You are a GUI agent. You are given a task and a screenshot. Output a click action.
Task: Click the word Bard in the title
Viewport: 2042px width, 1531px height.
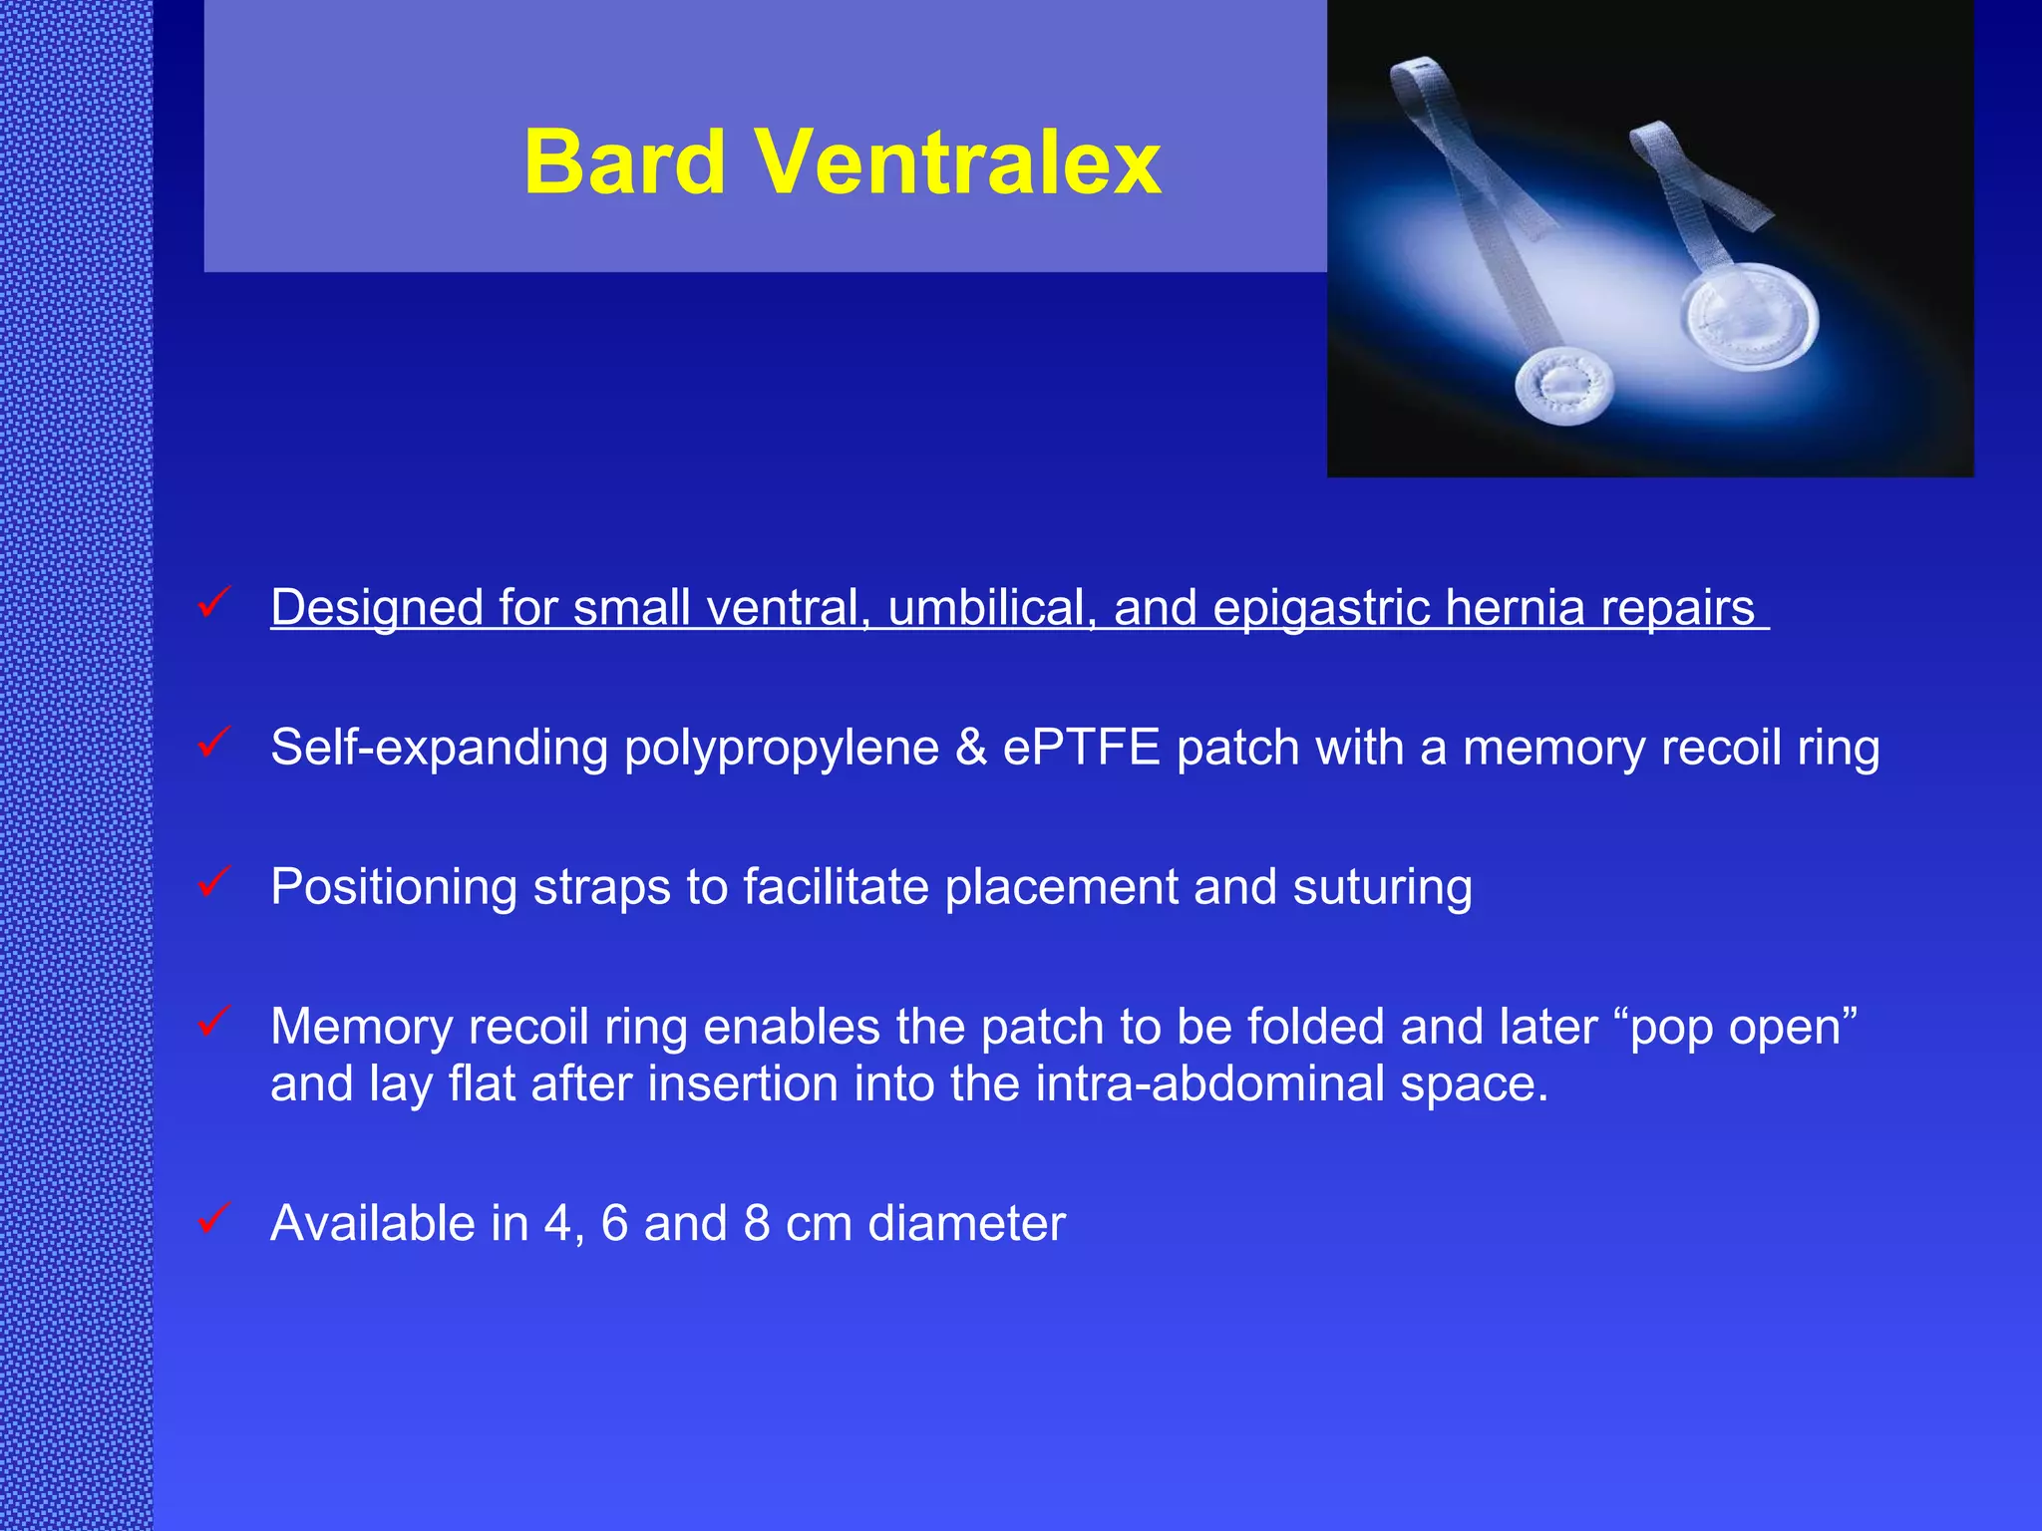(624, 161)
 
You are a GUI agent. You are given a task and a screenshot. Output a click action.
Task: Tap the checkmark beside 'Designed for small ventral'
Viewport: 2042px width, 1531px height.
(214, 602)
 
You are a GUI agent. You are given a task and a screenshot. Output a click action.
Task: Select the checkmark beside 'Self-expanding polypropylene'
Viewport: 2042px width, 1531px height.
(214, 742)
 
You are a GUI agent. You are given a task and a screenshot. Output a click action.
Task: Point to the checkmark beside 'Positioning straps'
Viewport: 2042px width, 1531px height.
(214, 881)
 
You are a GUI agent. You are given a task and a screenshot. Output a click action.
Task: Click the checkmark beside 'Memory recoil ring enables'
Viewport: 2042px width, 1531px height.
(214, 1021)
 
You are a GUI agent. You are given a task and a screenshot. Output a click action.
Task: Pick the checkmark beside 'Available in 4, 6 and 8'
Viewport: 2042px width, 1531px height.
(214, 1217)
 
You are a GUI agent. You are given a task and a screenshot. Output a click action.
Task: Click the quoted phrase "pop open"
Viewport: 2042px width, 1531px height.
(1743, 1028)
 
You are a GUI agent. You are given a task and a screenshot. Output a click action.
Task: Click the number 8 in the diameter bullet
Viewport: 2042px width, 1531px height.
(757, 1223)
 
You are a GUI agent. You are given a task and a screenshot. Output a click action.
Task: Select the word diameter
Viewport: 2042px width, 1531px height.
(966, 1223)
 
